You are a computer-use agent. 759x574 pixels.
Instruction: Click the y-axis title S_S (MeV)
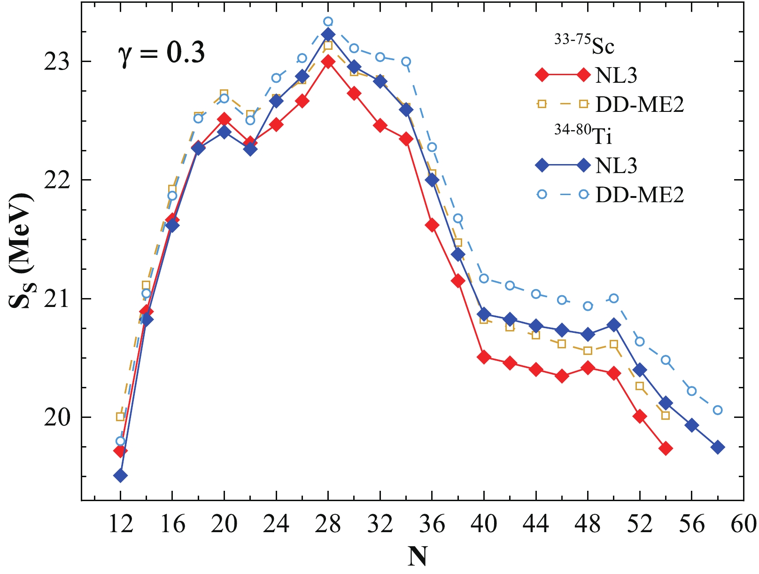pyautogui.click(x=21, y=251)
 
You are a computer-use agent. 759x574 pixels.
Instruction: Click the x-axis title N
pyautogui.click(x=417, y=557)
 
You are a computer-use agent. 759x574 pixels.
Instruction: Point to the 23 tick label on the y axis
pyautogui.click(x=56, y=62)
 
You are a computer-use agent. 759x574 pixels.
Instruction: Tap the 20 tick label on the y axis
pyautogui.click(x=56, y=417)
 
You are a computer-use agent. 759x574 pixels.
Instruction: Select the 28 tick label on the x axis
pyautogui.click(x=328, y=524)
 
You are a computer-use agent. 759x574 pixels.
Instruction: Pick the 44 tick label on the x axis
pyautogui.click(x=535, y=524)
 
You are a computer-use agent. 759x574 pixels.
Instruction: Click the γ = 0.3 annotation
pyautogui.click(x=161, y=52)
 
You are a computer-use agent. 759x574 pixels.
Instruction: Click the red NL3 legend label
pyautogui.click(x=616, y=75)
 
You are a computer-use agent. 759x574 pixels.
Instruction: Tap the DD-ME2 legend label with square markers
pyautogui.click(x=640, y=104)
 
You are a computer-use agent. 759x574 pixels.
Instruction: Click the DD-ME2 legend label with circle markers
pyautogui.click(x=640, y=195)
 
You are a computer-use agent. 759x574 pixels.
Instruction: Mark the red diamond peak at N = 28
pyautogui.click(x=328, y=62)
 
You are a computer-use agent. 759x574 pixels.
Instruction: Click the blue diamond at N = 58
pyautogui.click(x=717, y=447)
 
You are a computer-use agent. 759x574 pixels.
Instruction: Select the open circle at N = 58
pyautogui.click(x=717, y=410)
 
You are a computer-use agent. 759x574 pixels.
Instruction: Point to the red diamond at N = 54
pyautogui.click(x=665, y=448)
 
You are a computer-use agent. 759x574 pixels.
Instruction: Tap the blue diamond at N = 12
pyautogui.click(x=120, y=475)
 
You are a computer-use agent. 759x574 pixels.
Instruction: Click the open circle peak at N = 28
pyautogui.click(x=328, y=22)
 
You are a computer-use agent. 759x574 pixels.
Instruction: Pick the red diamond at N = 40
pyautogui.click(x=484, y=357)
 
